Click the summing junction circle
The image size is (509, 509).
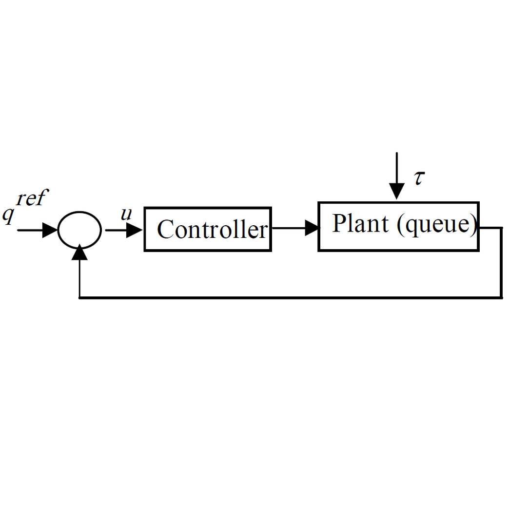(x=79, y=230)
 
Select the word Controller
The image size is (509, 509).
(x=213, y=230)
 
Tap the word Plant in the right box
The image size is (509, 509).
(x=360, y=224)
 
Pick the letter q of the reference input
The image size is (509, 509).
(x=8, y=215)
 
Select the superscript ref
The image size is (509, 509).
(x=32, y=198)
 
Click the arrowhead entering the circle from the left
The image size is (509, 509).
(x=50, y=230)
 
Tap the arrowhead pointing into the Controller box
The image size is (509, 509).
(x=134, y=230)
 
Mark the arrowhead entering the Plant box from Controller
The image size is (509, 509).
(x=312, y=228)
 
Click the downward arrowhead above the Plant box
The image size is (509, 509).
(x=397, y=191)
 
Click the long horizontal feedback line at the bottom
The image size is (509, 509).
(x=293, y=297)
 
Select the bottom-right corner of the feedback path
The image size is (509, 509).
(x=501, y=297)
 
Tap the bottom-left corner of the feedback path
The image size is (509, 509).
(x=80, y=297)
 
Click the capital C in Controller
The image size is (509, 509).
(x=166, y=230)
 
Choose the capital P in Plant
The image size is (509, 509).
(x=340, y=224)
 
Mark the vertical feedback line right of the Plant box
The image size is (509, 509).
(x=501, y=263)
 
